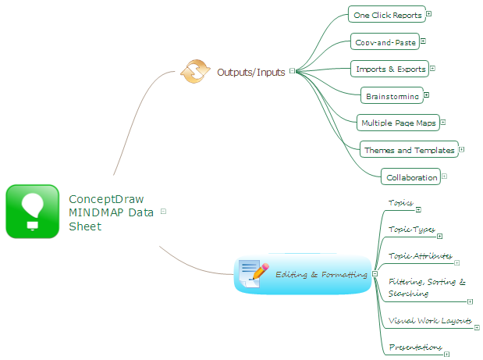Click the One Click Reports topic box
(387, 15)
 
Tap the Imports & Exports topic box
(390, 69)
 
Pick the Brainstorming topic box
(392, 96)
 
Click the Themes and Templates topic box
(408, 150)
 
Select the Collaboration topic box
(411, 177)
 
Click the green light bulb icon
(33, 211)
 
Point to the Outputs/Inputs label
(251, 71)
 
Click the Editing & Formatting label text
(321, 275)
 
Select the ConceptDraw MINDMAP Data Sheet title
(110, 212)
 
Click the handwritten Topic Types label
(412, 230)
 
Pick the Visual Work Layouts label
(429, 321)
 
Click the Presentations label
(415, 348)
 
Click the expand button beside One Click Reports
(429, 14)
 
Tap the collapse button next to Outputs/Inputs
(292, 71)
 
